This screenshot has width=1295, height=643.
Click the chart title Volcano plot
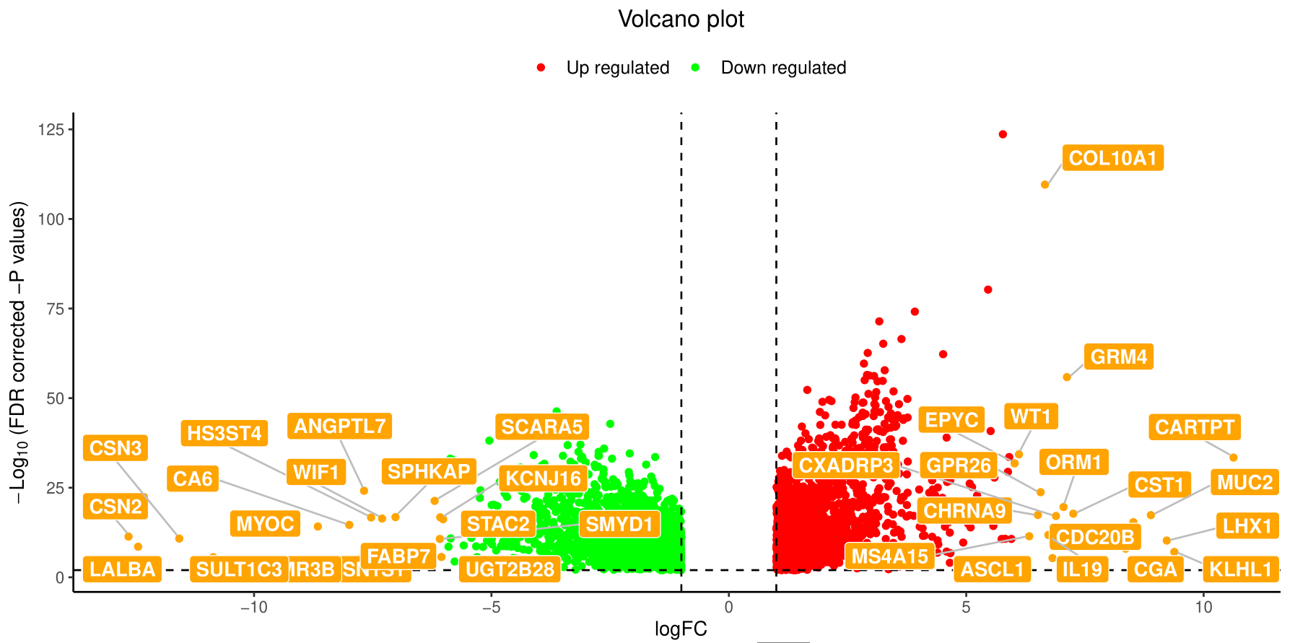point(681,19)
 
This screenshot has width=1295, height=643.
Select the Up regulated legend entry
point(617,68)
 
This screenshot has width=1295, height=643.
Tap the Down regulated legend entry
point(783,68)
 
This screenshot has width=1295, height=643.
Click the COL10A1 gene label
point(1112,158)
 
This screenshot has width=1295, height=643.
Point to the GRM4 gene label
point(1118,357)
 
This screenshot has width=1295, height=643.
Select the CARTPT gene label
point(1194,427)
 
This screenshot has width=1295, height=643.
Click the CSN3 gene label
point(115,448)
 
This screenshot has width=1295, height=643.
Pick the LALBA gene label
point(122,569)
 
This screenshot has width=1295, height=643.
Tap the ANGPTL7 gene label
point(339,426)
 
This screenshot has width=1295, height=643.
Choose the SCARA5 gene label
point(541,427)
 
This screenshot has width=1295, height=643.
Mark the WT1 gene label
point(1031,416)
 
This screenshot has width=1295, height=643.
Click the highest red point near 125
point(1003,134)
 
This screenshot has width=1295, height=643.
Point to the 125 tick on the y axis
point(51,130)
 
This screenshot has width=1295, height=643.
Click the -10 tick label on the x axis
point(253,607)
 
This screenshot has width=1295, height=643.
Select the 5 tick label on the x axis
point(966,607)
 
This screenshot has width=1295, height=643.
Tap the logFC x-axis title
point(681,629)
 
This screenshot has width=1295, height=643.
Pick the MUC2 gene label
point(1244,482)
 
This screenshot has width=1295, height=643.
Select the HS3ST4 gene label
point(224,433)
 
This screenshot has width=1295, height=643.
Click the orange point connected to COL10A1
point(1045,185)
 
